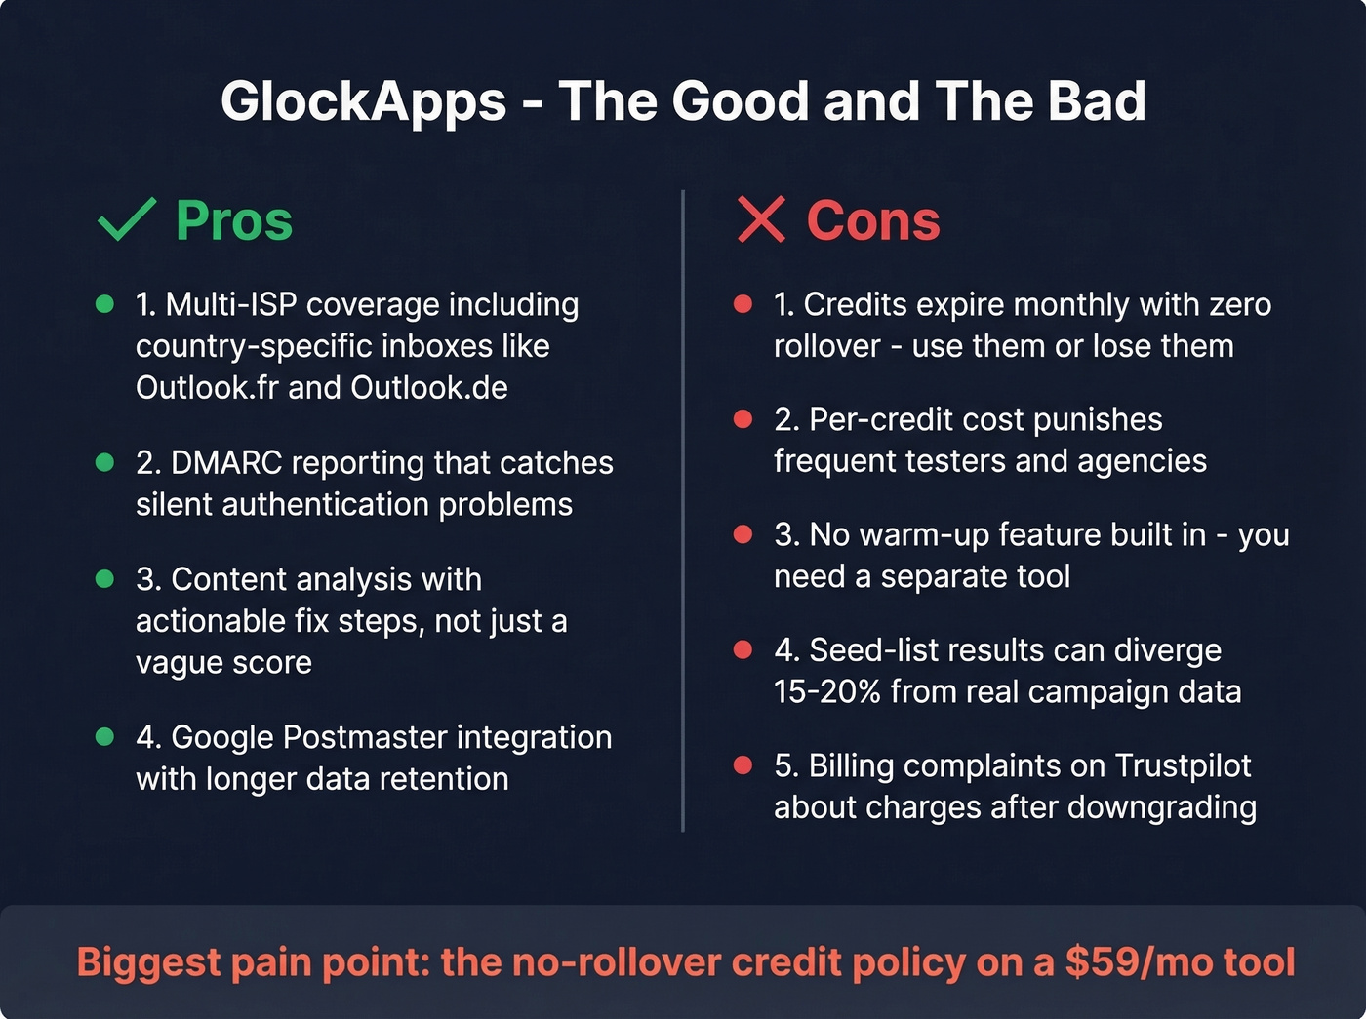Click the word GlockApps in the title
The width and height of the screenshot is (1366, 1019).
(x=364, y=101)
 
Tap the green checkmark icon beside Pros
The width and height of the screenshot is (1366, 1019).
(x=127, y=219)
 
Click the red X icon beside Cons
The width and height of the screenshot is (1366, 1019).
(x=761, y=219)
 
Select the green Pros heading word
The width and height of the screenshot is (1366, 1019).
(x=234, y=220)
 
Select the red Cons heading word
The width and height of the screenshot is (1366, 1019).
(x=873, y=220)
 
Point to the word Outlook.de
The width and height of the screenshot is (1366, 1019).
(x=429, y=388)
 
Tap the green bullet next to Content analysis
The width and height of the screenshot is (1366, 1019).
(x=105, y=579)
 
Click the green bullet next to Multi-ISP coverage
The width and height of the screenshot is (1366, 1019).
(x=105, y=304)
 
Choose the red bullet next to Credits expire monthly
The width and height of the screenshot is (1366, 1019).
(x=743, y=304)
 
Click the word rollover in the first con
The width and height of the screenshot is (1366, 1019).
(x=826, y=346)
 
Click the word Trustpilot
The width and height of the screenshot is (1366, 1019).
(x=1183, y=765)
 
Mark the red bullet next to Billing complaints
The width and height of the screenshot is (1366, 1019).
(x=743, y=765)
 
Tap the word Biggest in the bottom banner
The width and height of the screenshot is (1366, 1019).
(x=149, y=962)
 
